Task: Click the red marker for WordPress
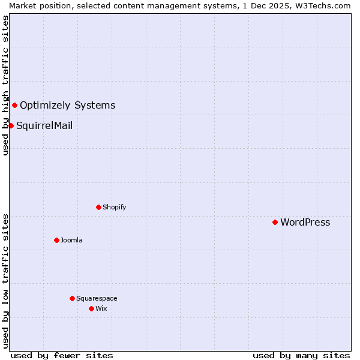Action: coord(275,222)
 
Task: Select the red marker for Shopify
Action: coord(98,207)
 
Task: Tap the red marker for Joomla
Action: coord(56,240)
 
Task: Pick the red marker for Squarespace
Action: coord(72,298)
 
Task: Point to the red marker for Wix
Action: coord(91,308)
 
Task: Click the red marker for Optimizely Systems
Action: coord(14,106)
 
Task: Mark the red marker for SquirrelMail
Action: coord(11,125)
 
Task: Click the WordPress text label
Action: coord(305,223)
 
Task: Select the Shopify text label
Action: coord(114,208)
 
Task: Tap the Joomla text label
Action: coord(71,241)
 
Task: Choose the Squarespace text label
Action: coord(97,299)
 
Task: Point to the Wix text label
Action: coord(101,309)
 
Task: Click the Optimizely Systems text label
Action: coord(68,106)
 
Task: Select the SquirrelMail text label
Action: coord(44,126)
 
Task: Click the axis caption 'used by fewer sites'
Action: coord(62,355)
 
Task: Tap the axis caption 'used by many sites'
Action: coord(301,355)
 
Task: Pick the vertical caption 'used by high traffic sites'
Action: coord(5,85)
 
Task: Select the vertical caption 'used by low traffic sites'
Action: coord(5,281)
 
